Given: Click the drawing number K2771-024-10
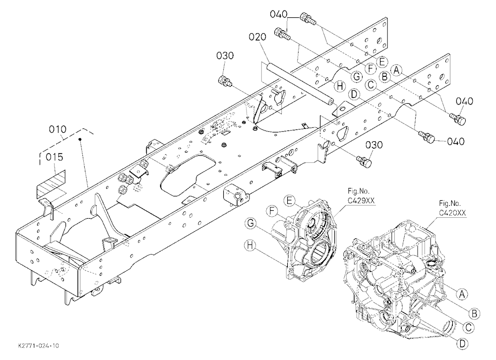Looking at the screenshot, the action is pyautogui.click(x=38, y=346).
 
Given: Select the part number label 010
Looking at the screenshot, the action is pyautogui.click(x=58, y=129).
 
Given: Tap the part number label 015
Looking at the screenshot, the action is pyautogui.click(x=55, y=157).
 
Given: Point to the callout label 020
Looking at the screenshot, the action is pyautogui.click(x=257, y=37).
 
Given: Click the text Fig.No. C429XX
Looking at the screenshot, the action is pyautogui.click(x=359, y=196).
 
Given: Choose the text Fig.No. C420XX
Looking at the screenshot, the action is pyautogui.click(x=452, y=208).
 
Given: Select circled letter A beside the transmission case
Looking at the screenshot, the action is pyautogui.click(x=461, y=294).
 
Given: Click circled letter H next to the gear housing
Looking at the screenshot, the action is pyautogui.click(x=250, y=245).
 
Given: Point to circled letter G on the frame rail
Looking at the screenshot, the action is pyautogui.click(x=357, y=76).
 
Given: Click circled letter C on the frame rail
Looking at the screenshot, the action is pyautogui.click(x=371, y=85).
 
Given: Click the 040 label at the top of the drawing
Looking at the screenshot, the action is pyautogui.click(x=279, y=14).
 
